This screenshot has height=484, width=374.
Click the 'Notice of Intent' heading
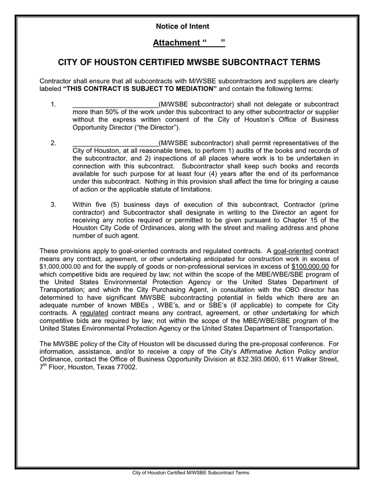(x=183, y=26)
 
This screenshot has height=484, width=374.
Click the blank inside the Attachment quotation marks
(x=214, y=42)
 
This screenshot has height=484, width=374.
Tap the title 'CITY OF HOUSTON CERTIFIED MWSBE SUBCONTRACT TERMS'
(x=189, y=62)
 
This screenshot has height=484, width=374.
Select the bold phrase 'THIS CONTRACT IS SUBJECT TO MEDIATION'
(x=140, y=89)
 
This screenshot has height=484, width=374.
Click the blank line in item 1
(x=115, y=104)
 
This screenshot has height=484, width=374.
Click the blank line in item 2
(x=115, y=143)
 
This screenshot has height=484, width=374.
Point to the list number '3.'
(x=53, y=205)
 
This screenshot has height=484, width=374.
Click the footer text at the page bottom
(x=191, y=473)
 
